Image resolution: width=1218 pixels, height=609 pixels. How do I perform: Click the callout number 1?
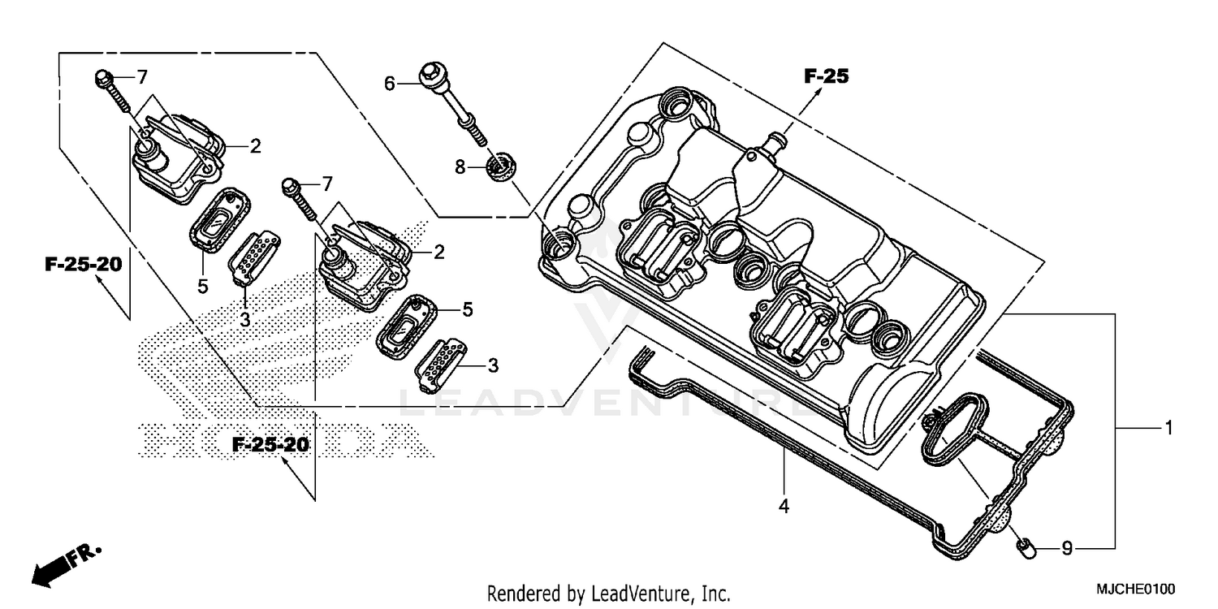pyautogui.click(x=1168, y=428)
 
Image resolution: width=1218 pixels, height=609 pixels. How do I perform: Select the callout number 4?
pyautogui.click(x=784, y=506)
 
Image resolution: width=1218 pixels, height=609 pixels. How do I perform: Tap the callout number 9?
pyautogui.click(x=1067, y=549)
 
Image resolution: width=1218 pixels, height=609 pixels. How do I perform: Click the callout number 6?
pyautogui.click(x=389, y=84)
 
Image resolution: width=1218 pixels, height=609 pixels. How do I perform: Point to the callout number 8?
pyautogui.click(x=460, y=168)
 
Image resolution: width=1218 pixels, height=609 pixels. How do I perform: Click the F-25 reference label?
pyautogui.click(x=826, y=76)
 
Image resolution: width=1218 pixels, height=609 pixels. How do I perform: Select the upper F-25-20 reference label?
pyautogui.click(x=83, y=265)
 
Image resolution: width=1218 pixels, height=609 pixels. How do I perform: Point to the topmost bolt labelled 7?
pyautogui.click(x=111, y=91)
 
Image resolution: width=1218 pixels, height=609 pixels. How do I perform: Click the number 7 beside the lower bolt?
pyautogui.click(x=326, y=184)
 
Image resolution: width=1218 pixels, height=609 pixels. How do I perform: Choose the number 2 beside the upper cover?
pyautogui.click(x=255, y=146)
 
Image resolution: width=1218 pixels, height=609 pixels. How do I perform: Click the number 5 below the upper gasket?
pyautogui.click(x=202, y=286)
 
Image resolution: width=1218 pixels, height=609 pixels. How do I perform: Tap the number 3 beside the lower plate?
pyautogui.click(x=492, y=365)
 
